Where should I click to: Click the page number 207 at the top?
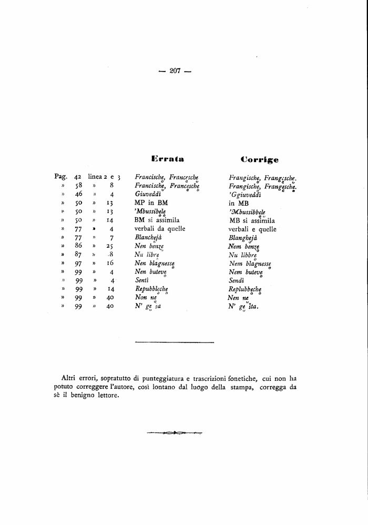click(x=176, y=72)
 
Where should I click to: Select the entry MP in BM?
click(x=151, y=203)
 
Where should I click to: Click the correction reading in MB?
click(x=239, y=203)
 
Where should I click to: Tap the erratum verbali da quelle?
click(x=160, y=229)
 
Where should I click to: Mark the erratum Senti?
click(x=142, y=281)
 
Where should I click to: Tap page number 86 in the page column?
click(x=79, y=246)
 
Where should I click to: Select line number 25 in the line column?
click(x=110, y=246)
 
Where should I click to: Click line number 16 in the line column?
click(x=110, y=264)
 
